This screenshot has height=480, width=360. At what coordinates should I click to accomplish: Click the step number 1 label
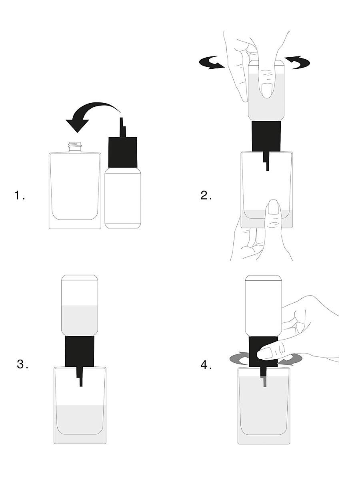(x=20, y=195)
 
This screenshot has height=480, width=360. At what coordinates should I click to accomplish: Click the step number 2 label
(x=206, y=195)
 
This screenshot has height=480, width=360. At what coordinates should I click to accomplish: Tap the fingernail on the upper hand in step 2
(x=266, y=90)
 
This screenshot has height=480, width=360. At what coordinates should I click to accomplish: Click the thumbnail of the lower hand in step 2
(x=273, y=207)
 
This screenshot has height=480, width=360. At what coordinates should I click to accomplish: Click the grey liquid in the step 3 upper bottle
(x=80, y=320)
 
